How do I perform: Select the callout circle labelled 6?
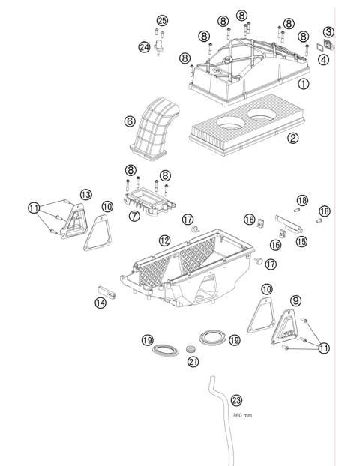click(x=130, y=120)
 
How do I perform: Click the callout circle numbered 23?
click(x=237, y=400)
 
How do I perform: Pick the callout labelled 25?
click(x=162, y=19)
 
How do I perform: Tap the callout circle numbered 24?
click(x=144, y=46)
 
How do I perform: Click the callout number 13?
click(x=86, y=194)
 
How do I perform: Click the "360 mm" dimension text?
click(x=241, y=414)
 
